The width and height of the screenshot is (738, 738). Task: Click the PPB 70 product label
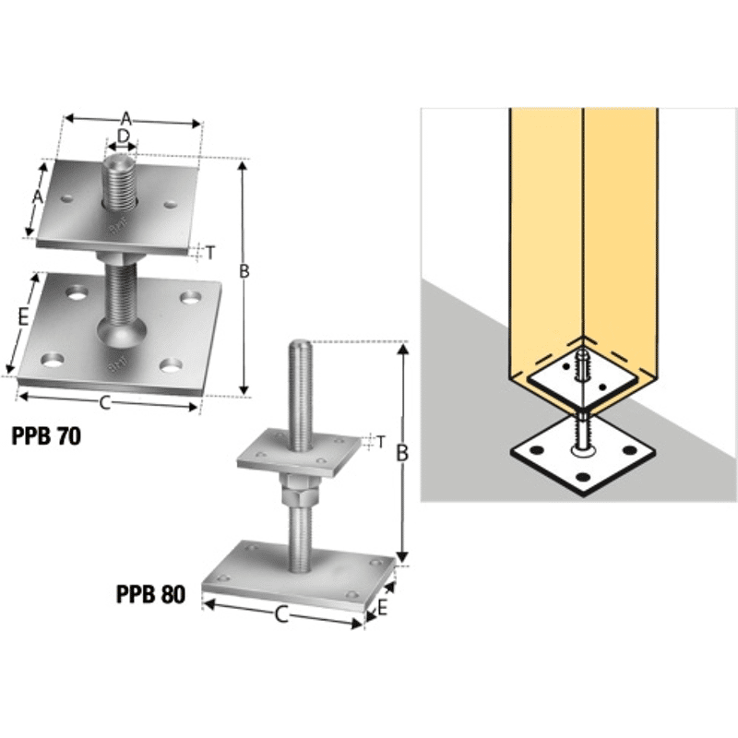[x=46, y=436]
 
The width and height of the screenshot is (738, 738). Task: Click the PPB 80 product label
[x=150, y=594]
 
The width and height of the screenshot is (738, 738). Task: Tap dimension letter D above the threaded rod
[x=123, y=136]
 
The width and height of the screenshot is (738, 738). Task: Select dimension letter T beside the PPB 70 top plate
[x=210, y=253]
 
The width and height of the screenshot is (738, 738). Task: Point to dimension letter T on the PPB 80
[x=381, y=442]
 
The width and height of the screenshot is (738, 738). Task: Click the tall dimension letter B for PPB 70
[x=244, y=271]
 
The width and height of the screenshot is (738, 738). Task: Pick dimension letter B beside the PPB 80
[x=402, y=453]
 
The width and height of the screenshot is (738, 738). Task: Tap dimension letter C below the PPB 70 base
[x=105, y=403]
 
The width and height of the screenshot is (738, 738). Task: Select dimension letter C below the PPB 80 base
[x=281, y=614]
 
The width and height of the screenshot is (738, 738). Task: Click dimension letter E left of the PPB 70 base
[x=24, y=318]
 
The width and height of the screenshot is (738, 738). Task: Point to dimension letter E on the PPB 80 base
[x=382, y=608]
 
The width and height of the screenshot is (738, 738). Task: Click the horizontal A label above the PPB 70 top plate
[x=125, y=119]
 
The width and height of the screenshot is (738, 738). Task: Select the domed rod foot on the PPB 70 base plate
[x=122, y=332]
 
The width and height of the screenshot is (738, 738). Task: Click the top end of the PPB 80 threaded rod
[x=300, y=342]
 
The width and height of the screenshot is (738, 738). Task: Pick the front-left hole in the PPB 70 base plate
[x=53, y=361]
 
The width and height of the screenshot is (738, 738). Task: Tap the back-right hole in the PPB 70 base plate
[x=191, y=297]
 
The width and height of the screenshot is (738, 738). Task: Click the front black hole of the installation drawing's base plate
[x=583, y=478]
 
